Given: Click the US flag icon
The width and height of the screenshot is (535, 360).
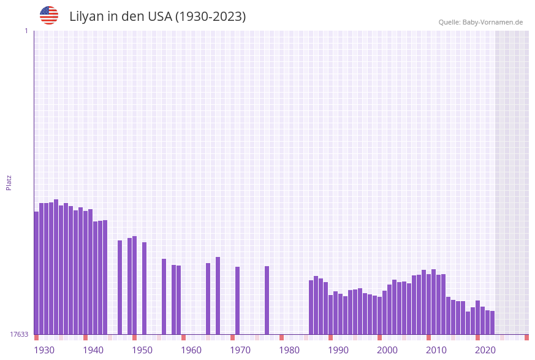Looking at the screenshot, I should (x=49, y=15).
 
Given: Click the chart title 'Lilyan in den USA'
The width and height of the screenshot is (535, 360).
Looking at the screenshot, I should (x=157, y=17).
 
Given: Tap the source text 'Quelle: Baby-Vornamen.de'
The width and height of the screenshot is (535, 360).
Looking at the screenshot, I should (x=480, y=22).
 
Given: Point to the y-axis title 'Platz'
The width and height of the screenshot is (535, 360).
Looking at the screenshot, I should (x=9, y=182).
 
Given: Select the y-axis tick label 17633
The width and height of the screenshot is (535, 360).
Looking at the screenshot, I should (x=19, y=334).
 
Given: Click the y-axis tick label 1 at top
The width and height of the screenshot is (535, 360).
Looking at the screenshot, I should (x=26, y=31).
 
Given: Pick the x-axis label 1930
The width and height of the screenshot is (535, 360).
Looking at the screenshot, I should (x=44, y=350).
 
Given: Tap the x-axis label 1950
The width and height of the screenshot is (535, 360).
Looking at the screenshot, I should (x=142, y=350).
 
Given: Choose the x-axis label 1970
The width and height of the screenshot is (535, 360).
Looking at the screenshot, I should (x=240, y=350).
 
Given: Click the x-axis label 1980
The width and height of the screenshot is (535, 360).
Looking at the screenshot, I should (x=289, y=350).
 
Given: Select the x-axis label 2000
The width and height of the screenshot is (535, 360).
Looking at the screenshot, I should (x=387, y=350).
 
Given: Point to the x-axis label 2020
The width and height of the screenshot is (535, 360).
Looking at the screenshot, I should (x=485, y=350).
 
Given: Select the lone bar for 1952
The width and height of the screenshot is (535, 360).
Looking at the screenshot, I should (x=145, y=288).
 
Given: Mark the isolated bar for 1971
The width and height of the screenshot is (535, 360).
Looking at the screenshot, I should (x=238, y=301).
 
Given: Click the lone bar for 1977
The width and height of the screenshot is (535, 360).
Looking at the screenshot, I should (x=267, y=300).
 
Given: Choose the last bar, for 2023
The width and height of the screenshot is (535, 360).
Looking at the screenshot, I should (x=492, y=323).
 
